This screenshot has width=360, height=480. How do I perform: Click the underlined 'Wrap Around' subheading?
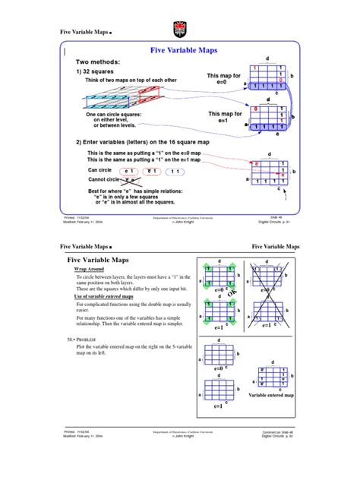click(x=90, y=270)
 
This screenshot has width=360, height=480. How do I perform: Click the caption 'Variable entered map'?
click(x=271, y=396)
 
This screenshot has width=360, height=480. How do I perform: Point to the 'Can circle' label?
click(x=100, y=170)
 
